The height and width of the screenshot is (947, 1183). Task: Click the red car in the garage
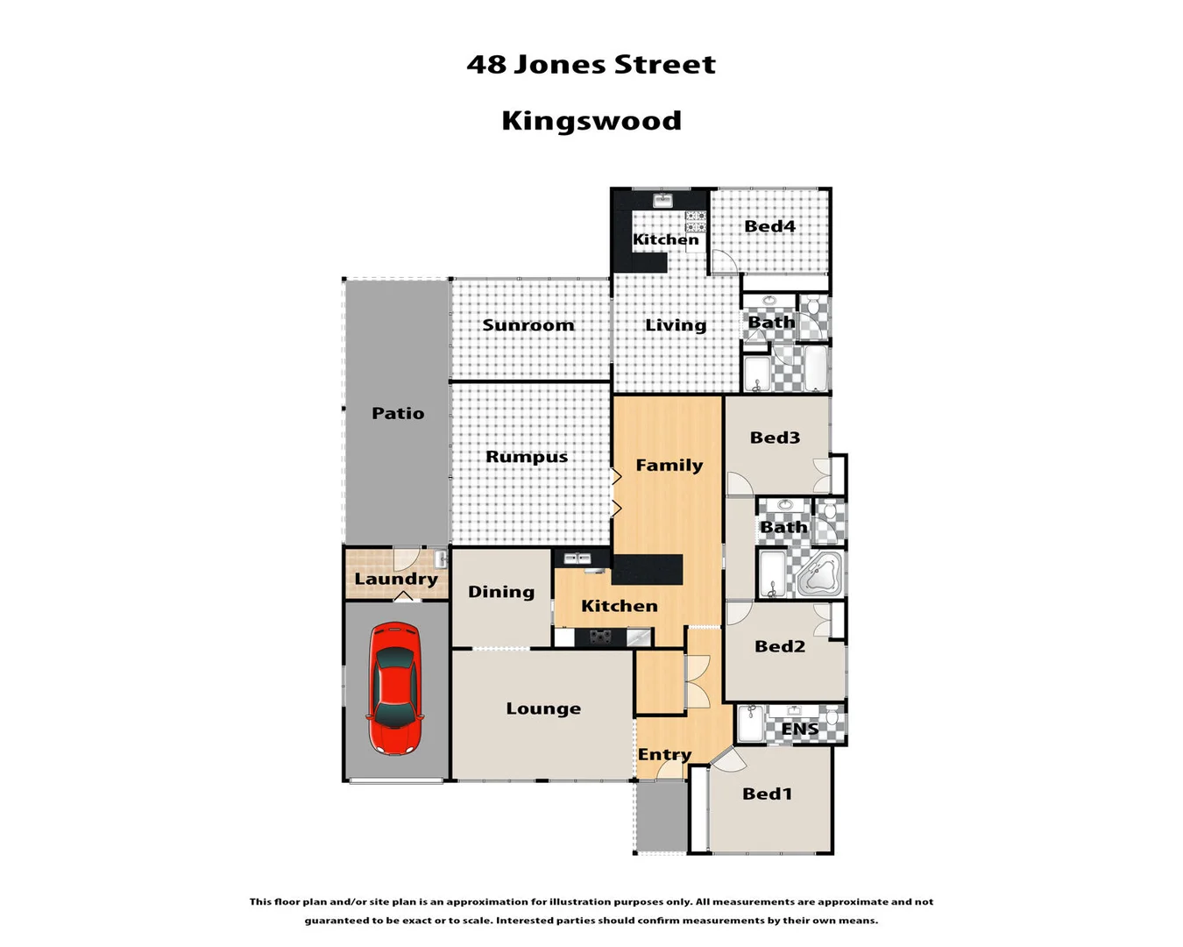(x=396, y=688)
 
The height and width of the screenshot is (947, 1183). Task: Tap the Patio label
(x=398, y=413)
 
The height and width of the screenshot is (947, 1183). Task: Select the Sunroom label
(x=528, y=325)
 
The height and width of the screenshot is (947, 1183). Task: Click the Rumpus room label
(x=527, y=457)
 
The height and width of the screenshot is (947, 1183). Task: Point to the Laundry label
(x=396, y=579)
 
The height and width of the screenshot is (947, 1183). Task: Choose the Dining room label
(x=501, y=592)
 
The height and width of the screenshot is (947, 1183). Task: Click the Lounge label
(x=543, y=708)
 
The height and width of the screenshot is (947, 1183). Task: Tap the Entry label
(x=664, y=754)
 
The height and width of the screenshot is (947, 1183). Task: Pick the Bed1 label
(x=767, y=794)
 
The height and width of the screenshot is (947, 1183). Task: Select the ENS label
(x=799, y=729)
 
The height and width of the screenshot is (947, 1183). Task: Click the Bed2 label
(x=779, y=646)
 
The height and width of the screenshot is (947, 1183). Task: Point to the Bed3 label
(x=775, y=438)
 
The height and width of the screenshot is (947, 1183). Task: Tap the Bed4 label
(x=769, y=226)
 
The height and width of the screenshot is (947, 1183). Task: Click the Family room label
(x=669, y=466)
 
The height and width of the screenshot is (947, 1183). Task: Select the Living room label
(x=676, y=325)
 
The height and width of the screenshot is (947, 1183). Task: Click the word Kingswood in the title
(x=591, y=120)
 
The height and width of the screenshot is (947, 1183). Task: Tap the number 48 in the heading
(x=485, y=64)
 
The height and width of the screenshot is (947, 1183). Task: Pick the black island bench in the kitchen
(x=647, y=569)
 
